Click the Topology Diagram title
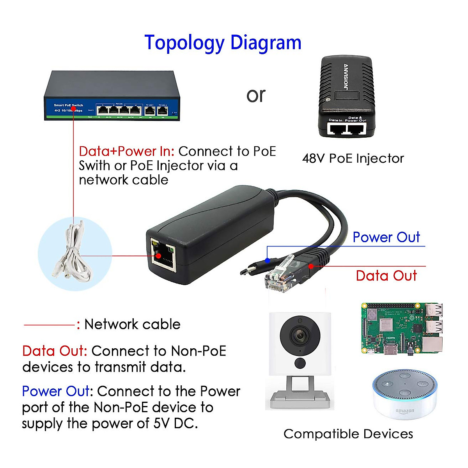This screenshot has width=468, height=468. pos(223,43)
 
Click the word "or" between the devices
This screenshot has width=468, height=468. pos(256,95)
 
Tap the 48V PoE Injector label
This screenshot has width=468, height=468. pos(353,158)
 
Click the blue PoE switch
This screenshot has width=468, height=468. pos(112,96)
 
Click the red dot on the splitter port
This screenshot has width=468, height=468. pos(158,256)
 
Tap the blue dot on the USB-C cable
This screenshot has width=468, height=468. pos(267,260)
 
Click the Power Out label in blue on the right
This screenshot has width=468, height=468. pos(386,237)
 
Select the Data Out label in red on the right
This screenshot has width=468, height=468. pos(386,276)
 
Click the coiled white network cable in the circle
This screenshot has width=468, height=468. pos(74,253)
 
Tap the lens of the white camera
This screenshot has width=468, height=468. pos(300,335)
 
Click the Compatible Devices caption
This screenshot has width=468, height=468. pos(348,434)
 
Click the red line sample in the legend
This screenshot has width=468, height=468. pos(49,324)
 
